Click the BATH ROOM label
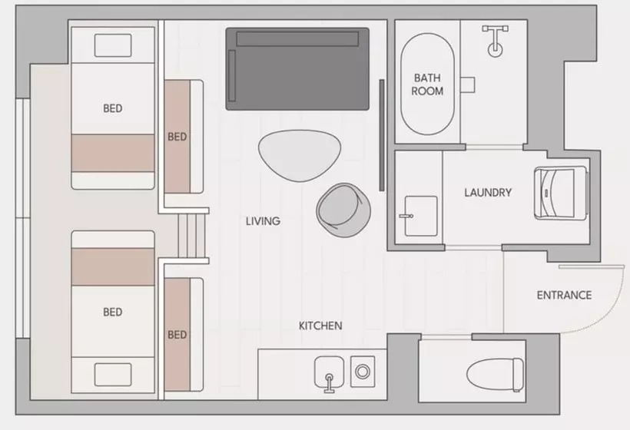point(427,84)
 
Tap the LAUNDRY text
point(488,193)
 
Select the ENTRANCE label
point(564,296)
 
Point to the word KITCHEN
point(320,326)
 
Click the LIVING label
point(264,221)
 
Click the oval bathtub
point(427,84)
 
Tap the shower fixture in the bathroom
point(495,40)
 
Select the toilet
point(495,375)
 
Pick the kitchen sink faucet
point(329,383)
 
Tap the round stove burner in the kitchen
point(363,372)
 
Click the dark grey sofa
point(297,68)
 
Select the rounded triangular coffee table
point(300,154)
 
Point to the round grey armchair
point(343,210)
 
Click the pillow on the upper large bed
point(113,45)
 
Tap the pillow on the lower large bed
point(113,375)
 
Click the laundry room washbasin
point(420,216)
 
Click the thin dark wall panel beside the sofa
point(382,135)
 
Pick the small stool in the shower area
point(468,84)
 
